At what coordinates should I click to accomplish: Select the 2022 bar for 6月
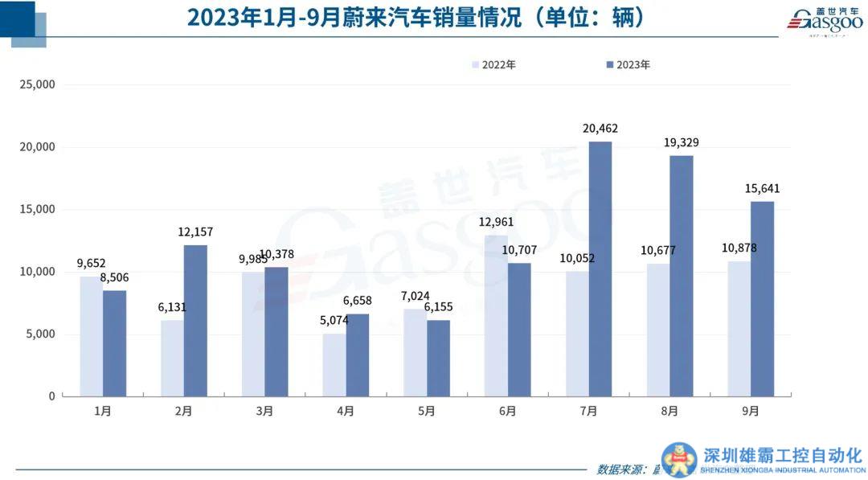pos(496,315)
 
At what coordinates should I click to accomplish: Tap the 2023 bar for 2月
pos(195,320)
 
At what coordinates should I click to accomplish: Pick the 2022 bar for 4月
pos(334,364)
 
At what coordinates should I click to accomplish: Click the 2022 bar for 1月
pos(91,336)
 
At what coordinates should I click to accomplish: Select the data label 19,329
pos(681,142)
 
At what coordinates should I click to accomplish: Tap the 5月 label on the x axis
pos(426,411)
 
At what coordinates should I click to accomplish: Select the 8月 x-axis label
pos(669,411)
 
